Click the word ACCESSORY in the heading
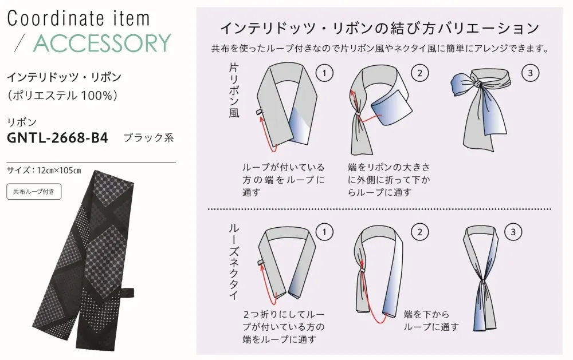[102, 43]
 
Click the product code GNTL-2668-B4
[57, 137]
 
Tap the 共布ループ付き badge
[34, 192]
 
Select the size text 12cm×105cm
[59, 171]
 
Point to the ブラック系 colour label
[148, 137]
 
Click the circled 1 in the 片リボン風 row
[324, 73]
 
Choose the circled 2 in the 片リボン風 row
[419, 73]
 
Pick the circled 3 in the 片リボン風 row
[530, 73]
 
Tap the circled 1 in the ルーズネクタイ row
[324, 232]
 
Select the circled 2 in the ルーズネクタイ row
[419, 232]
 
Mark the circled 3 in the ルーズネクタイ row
[513, 232]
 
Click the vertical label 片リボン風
[234, 90]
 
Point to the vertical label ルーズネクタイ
[234, 262]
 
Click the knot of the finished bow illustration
[476, 84]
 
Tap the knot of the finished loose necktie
[482, 282]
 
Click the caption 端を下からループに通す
[431, 321]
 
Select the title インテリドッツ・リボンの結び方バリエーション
[380, 28]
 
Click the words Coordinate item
[79, 18]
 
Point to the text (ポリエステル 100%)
[62, 95]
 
